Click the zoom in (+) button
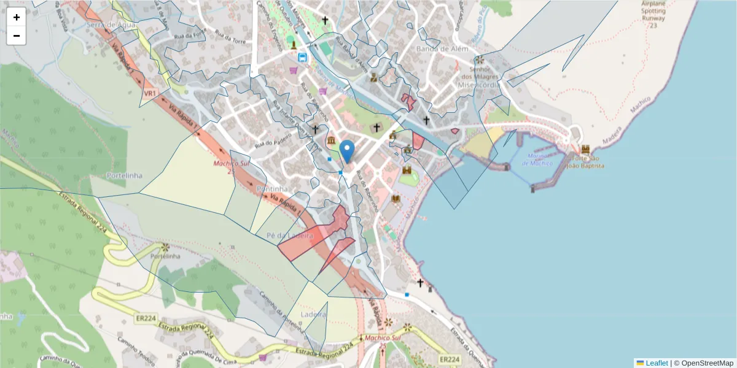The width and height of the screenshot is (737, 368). click(x=17, y=17)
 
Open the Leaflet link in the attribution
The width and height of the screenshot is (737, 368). click(x=656, y=363)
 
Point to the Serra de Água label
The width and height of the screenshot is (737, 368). click(x=111, y=25)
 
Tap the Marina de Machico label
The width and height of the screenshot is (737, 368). click(x=537, y=159)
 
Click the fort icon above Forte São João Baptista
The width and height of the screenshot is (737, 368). click(x=585, y=149)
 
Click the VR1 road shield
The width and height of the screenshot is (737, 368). click(x=149, y=93)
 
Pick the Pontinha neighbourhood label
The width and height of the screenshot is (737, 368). click(x=273, y=188)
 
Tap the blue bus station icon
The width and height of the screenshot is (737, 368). click(x=302, y=58)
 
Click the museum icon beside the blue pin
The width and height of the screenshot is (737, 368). click(x=332, y=142)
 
